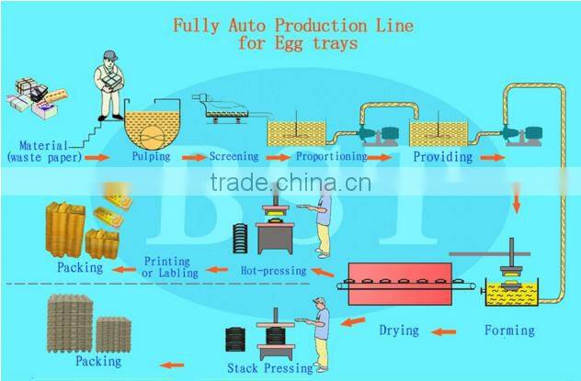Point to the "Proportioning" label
(x=332, y=157)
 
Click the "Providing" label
(x=442, y=157)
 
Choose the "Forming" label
(x=510, y=331)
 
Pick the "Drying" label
(x=399, y=331)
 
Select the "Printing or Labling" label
(x=170, y=267)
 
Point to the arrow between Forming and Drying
(x=447, y=331)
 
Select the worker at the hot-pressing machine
(x=323, y=224)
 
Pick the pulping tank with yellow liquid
(x=150, y=128)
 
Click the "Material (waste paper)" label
(x=43, y=151)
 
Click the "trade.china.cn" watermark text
(x=290, y=183)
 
